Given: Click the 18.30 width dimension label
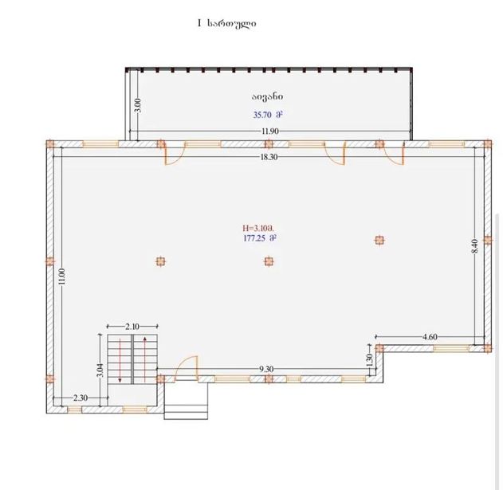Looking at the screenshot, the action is pyautogui.click(x=269, y=157).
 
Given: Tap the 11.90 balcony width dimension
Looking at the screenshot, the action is pyautogui.click(x=270, y=131).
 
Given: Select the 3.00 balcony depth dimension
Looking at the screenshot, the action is pyautogui.click(x=138, y=105).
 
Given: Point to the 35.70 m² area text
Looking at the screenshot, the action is pyautogui.click(x=268, y=115).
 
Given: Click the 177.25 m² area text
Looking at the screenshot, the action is pyautogui.click(x=260, y=238).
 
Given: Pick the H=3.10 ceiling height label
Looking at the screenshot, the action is pyautogui.click(x=258, y=229).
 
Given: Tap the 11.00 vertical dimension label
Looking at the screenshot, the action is pyautogui.click(x=62, y=276).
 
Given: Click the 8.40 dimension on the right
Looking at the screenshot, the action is pyautogui.click(x=475, y=246).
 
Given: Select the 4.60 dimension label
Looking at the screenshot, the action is pyautogui.click(x=430, y=337).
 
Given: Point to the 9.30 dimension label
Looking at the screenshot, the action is pyautogui.click(x=266, y=369).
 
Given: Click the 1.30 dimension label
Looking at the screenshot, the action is pyautogui.click(x=369, y=360).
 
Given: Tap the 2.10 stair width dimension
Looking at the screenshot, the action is pyautogui.click(x=132, y=327).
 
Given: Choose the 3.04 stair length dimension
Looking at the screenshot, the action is pyautogui.click(x=100, y=370).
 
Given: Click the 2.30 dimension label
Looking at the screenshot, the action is pyautogui.click(x=81, y=398).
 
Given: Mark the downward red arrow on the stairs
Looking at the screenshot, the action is pyautogui.click(x=120, y=360).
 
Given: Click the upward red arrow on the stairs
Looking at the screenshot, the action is pyautogui.click(x=145, y=359).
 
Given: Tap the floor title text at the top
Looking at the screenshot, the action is pyautogui.click(x=227, y=23).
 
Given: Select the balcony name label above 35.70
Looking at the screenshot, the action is pyautogui.click(x=267, y=96).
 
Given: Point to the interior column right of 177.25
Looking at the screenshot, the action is pyautogui.click(x=379, y=240).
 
